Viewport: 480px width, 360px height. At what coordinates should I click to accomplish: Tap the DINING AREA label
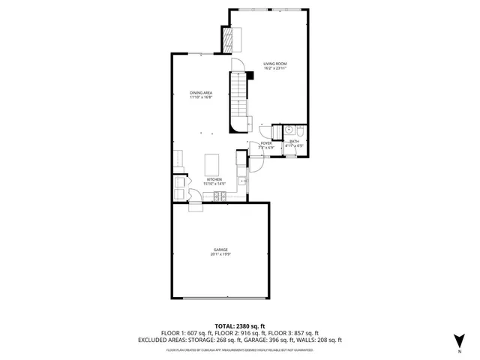200,92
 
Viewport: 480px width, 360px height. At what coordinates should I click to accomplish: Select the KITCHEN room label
214,179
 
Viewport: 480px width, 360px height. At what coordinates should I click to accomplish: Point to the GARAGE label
220,250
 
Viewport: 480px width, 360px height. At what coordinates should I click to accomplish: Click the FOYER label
265,143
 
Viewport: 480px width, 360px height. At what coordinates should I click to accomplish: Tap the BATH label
294,141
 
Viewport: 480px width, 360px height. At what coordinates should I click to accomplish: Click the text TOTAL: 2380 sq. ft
240,326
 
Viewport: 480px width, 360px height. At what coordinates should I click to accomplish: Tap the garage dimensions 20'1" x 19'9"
220,255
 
